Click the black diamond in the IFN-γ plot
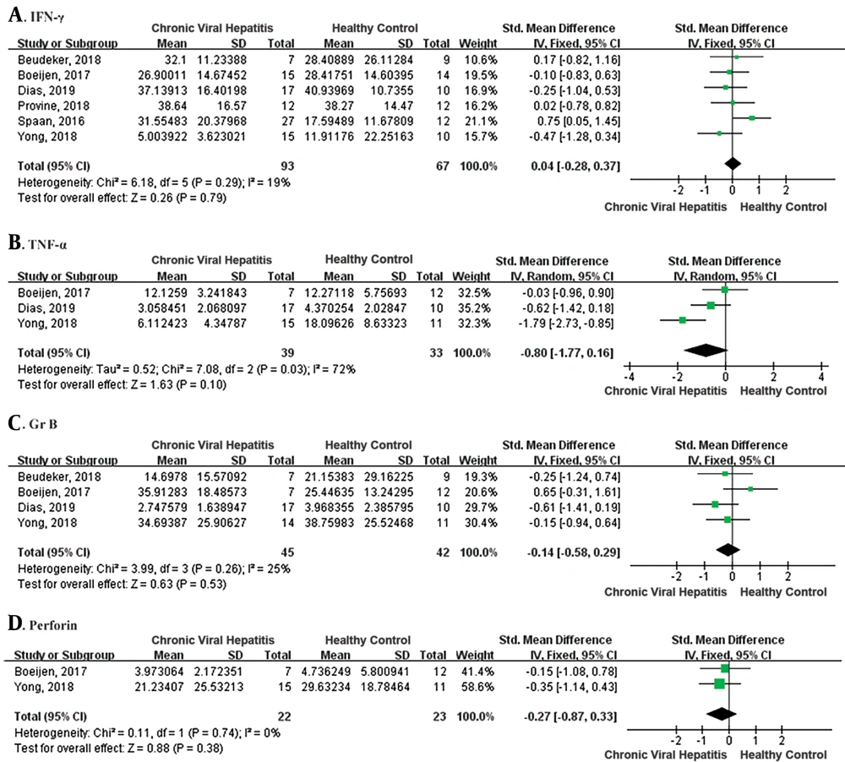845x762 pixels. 733,163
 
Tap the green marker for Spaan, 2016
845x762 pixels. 752,117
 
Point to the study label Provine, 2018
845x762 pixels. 53,106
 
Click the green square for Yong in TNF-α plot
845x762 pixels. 682,320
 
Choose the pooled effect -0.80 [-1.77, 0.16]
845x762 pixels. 566,353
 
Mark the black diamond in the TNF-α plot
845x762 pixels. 706,351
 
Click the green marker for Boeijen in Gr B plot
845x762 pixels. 750,489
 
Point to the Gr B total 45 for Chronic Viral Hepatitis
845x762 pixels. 287,552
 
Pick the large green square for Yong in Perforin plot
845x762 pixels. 719,684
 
